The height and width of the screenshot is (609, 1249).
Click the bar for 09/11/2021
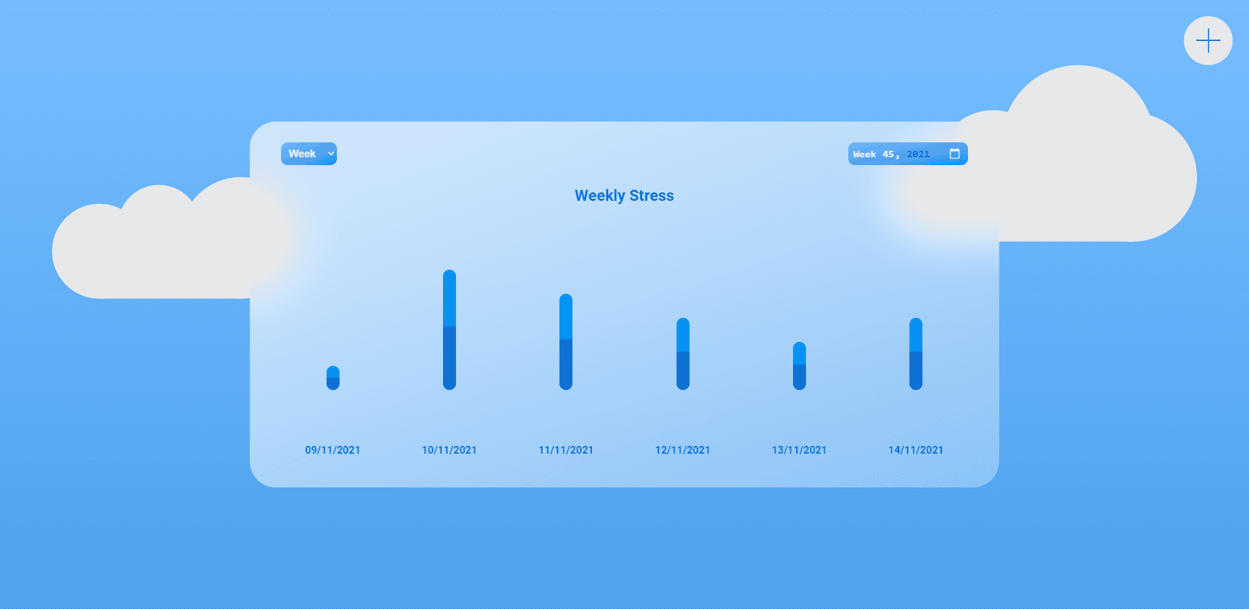(x=333, y=378)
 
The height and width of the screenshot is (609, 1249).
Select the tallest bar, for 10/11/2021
(x=450, y=330)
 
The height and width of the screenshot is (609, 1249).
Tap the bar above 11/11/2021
(x=566, y=342)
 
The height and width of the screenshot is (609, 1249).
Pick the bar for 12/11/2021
(x=683, y=354)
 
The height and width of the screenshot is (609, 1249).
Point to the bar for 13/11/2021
(x=799, y=366)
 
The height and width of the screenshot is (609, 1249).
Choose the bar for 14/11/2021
(x=916, y=354)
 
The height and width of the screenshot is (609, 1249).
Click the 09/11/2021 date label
(x=332, y=450)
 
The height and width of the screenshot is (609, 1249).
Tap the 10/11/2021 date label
(x=450, y=450)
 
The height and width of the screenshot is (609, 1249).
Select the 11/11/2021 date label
(x=566, y=450)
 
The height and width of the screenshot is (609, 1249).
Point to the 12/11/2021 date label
(x=683, y=450)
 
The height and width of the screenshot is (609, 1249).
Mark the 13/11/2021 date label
(x=799, y=450)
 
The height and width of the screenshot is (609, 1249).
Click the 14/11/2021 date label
(x=916, y=450)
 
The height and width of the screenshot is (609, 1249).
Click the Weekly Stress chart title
(x=624, y=196)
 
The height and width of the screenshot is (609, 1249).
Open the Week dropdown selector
(x=308, y=154)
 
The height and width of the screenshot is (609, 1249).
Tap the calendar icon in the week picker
(x=954, y=154)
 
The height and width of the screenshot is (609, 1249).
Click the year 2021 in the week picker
(x=918, y=155)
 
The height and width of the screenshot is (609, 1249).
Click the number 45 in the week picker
(x=888, y=155)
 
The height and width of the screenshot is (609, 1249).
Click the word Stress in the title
(x=651, y=196)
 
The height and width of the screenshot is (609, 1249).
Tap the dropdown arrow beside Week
(x=331, y=154)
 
